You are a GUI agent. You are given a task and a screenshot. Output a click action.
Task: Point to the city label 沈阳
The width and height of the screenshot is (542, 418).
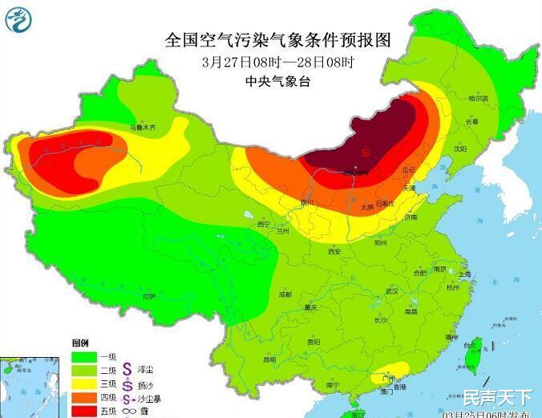coord(459,148)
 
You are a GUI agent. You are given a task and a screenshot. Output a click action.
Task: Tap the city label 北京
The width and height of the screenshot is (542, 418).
coord(409,170)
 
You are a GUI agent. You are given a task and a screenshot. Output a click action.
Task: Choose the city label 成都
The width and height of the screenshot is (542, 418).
coord(285,294)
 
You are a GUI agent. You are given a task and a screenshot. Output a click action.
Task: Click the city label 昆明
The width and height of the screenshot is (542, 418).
coord(269,359)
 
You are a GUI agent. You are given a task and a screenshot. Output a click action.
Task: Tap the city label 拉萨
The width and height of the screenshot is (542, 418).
coord(149,296)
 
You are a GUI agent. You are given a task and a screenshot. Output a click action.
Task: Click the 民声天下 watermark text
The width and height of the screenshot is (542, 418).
coord(497,396)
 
